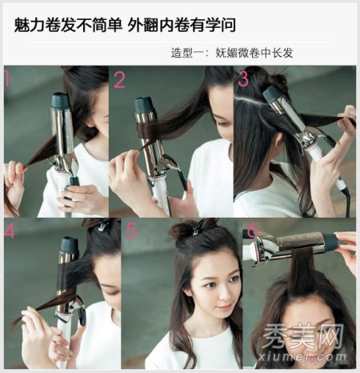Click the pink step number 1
pyautogui.click(x=7, y=78)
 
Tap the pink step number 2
pyautogui.click(x=119, y=80)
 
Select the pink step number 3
pyautogui.click(x=243, y=78)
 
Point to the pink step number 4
pyautogui.click(x=10, y=230)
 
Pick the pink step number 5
pyautogui.click(x=131, y=230)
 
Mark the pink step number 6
pyautogui.click(x=253, y=230)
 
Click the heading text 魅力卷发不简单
pyautogui.click(x=68, y=26)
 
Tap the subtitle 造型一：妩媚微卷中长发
pyautogui.click(x=232, y=53)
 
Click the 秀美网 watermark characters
pyautogui.click(x=302, y=336)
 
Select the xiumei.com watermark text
pyautogui.click(x=302, y=356)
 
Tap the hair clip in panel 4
pyautogui.click(x=102, y=225)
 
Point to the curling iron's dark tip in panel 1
pyautogui.click(x=61, y=100)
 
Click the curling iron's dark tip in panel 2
pyautogui.click(x=145, y=106)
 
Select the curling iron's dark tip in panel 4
pyautogui.click(x=70, y=246)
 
